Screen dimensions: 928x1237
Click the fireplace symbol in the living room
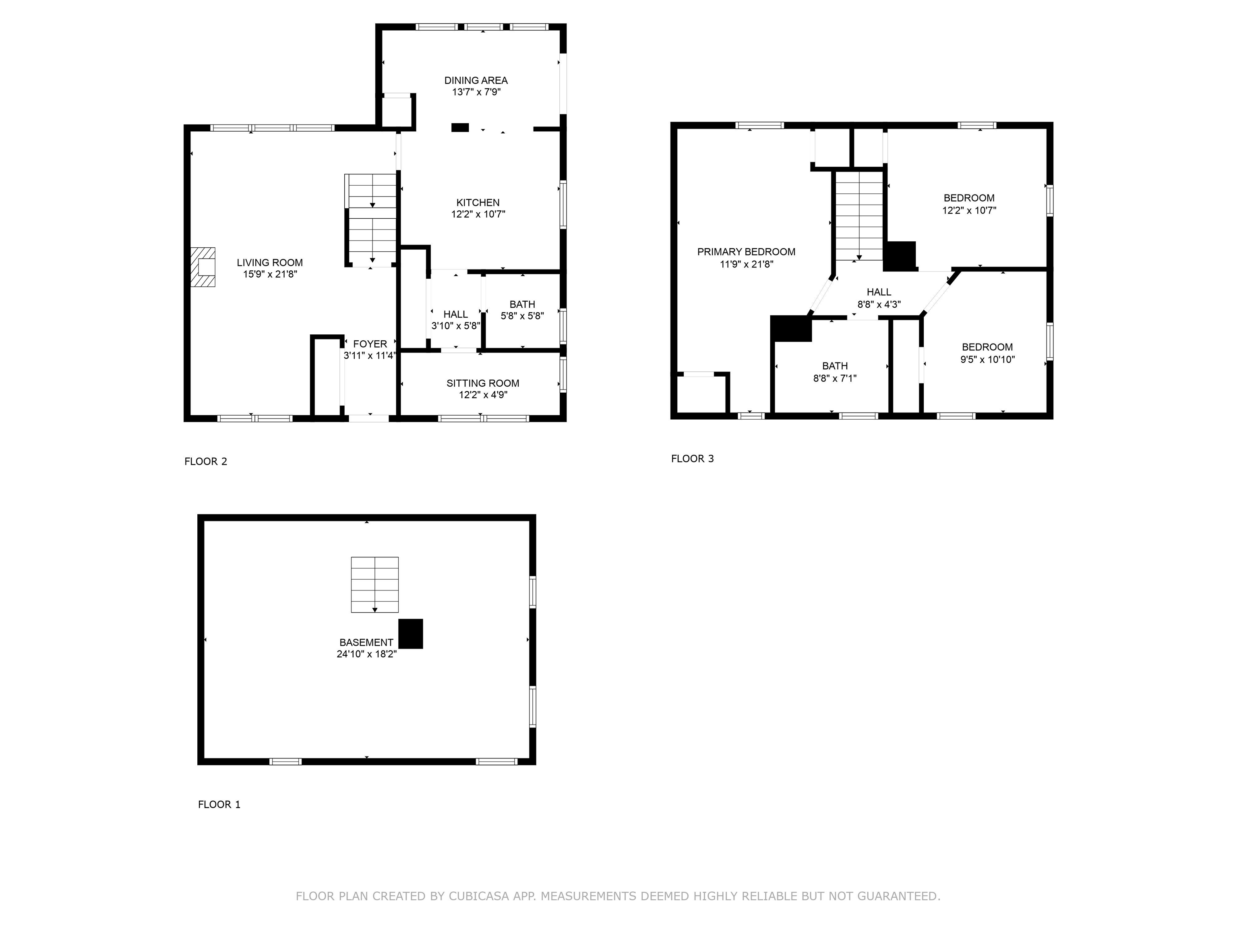coord(203,267)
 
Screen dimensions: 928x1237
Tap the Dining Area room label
coord(476,81)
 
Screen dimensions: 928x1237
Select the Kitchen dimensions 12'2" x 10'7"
coord(478,214)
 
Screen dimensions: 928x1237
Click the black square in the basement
coord(410,634)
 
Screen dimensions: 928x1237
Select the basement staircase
coord(374,584)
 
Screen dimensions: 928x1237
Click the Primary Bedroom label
coord(746,252)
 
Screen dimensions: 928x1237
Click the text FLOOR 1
coord(219,804)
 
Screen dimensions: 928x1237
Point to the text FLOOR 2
coord(206,462)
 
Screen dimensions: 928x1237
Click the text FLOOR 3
coord(692,459)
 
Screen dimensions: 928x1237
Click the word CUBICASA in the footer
coord(479,896)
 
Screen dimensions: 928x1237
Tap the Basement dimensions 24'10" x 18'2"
coord(366,654)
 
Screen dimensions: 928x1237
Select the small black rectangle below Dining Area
coord(460,128)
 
